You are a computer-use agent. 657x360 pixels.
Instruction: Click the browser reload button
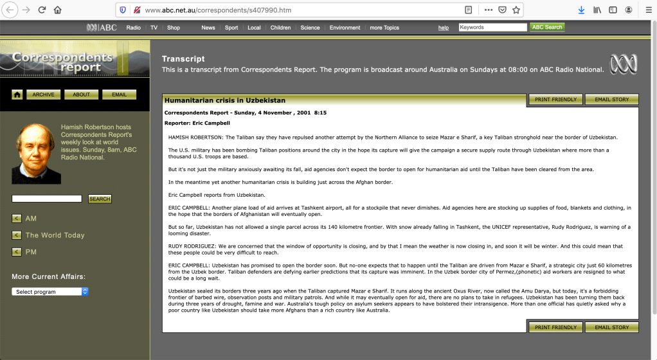[x=42, y=10]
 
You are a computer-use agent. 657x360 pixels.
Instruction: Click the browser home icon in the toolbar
[x=58, y=10]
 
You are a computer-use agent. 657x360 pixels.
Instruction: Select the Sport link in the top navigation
[x=231, y=28]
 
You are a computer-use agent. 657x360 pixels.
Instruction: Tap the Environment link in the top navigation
[x=345, y=28]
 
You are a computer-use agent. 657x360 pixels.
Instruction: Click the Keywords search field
[x=492, y=28]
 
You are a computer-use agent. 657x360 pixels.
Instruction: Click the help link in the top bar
[x=444, y=28]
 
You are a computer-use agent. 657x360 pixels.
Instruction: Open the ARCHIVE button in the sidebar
[x=44, y=94]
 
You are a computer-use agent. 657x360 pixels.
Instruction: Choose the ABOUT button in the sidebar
[x=82, y=94]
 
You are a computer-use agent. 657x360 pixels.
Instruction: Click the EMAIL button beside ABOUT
[x=119, y=94]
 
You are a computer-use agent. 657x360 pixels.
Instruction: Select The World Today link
[x=55, y=235]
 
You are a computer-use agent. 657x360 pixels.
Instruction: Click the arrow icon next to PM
[x=16, y=252]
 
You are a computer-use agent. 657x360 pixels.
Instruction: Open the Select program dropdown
[x=50, y=292]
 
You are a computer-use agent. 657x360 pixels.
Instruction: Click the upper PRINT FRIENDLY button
[x=555, y=100]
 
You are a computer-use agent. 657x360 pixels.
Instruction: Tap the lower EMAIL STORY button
[x=612, y=327]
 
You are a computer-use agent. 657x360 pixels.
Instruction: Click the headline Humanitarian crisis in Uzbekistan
[x=225, y=100]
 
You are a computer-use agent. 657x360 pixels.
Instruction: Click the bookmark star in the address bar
[x=516, y=10]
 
